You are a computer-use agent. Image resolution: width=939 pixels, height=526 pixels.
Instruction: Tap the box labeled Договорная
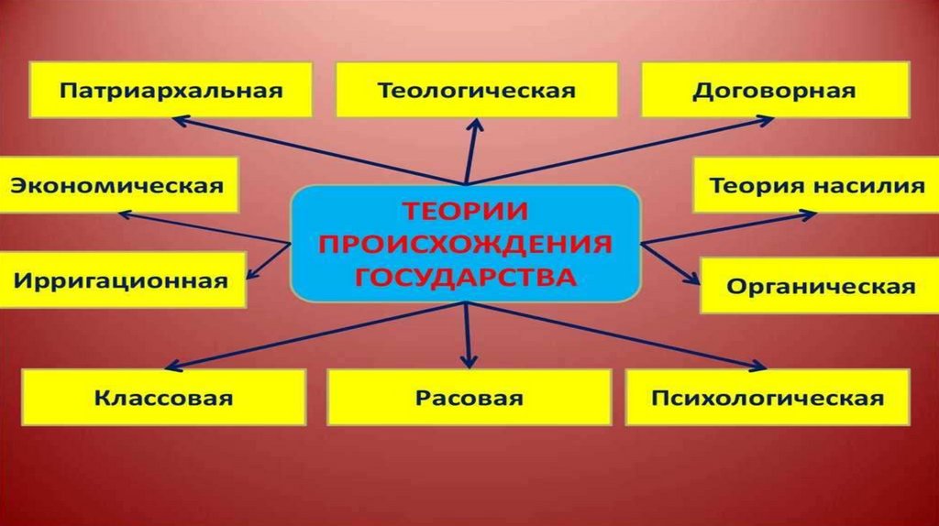[774, 91]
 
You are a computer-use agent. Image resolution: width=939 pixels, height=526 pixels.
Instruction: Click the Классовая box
[162, 398]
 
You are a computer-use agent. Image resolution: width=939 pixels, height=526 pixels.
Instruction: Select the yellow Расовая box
[469, 398]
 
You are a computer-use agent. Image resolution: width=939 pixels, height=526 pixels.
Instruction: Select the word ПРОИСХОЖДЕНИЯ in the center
[466, 243]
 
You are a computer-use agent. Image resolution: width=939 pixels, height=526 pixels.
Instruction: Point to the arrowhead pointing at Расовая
[469, 363]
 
